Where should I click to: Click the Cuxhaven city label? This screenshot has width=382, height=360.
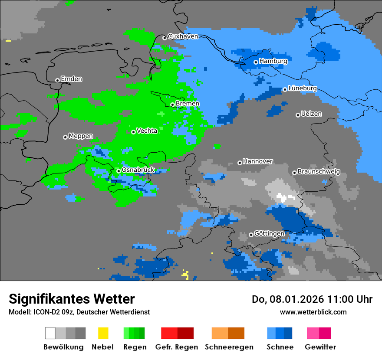point(183,36)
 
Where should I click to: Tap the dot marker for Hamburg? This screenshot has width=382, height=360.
point(256,62)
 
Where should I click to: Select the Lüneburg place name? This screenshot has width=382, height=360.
point(302,88)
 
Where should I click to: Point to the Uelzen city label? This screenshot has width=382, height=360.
point(311,114)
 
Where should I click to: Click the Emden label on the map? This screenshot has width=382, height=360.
point(71,79)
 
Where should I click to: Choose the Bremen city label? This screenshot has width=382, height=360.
point(188,104)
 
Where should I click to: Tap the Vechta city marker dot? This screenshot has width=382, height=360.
point(133,132)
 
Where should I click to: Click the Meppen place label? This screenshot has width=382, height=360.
point(81,136)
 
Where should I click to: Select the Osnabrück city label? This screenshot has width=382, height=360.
point(138,170)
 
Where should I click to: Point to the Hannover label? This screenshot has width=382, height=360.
point(258,161)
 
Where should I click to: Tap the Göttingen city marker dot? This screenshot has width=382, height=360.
point(251,235)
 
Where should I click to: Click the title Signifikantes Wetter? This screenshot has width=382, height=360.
point(72,299)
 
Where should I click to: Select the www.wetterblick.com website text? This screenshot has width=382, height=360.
point(313,312)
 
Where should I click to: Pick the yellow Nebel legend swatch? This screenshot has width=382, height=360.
point(103,333)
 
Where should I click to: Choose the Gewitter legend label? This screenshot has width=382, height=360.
point(320,347)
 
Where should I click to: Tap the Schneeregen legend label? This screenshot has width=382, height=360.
point(229,347)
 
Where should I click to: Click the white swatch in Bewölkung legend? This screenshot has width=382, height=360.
point(50,333)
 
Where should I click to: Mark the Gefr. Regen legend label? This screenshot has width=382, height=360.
point(177,347)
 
